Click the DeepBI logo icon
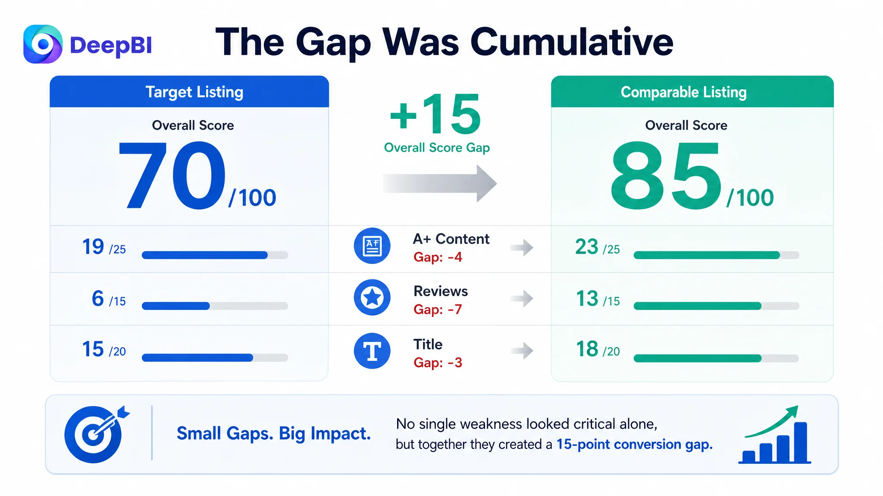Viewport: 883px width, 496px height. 43,44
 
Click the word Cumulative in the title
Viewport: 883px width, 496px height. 572,42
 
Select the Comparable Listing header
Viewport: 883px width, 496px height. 692,92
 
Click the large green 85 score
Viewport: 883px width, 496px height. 666,176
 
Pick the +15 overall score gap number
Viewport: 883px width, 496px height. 435,114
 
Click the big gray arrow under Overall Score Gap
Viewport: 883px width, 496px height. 440,183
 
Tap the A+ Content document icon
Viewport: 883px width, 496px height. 372,246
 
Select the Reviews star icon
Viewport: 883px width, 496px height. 372,298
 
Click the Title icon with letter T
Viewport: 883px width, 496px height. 372,351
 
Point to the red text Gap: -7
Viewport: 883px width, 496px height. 438,310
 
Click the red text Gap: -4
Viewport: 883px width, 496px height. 438,257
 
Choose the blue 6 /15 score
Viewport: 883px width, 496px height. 109,299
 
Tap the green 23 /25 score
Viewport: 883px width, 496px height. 598,247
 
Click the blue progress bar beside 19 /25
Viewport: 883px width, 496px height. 205,255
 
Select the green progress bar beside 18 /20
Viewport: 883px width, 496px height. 698,358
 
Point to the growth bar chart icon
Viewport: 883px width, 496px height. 775,434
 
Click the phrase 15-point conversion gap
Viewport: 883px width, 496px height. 634,444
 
